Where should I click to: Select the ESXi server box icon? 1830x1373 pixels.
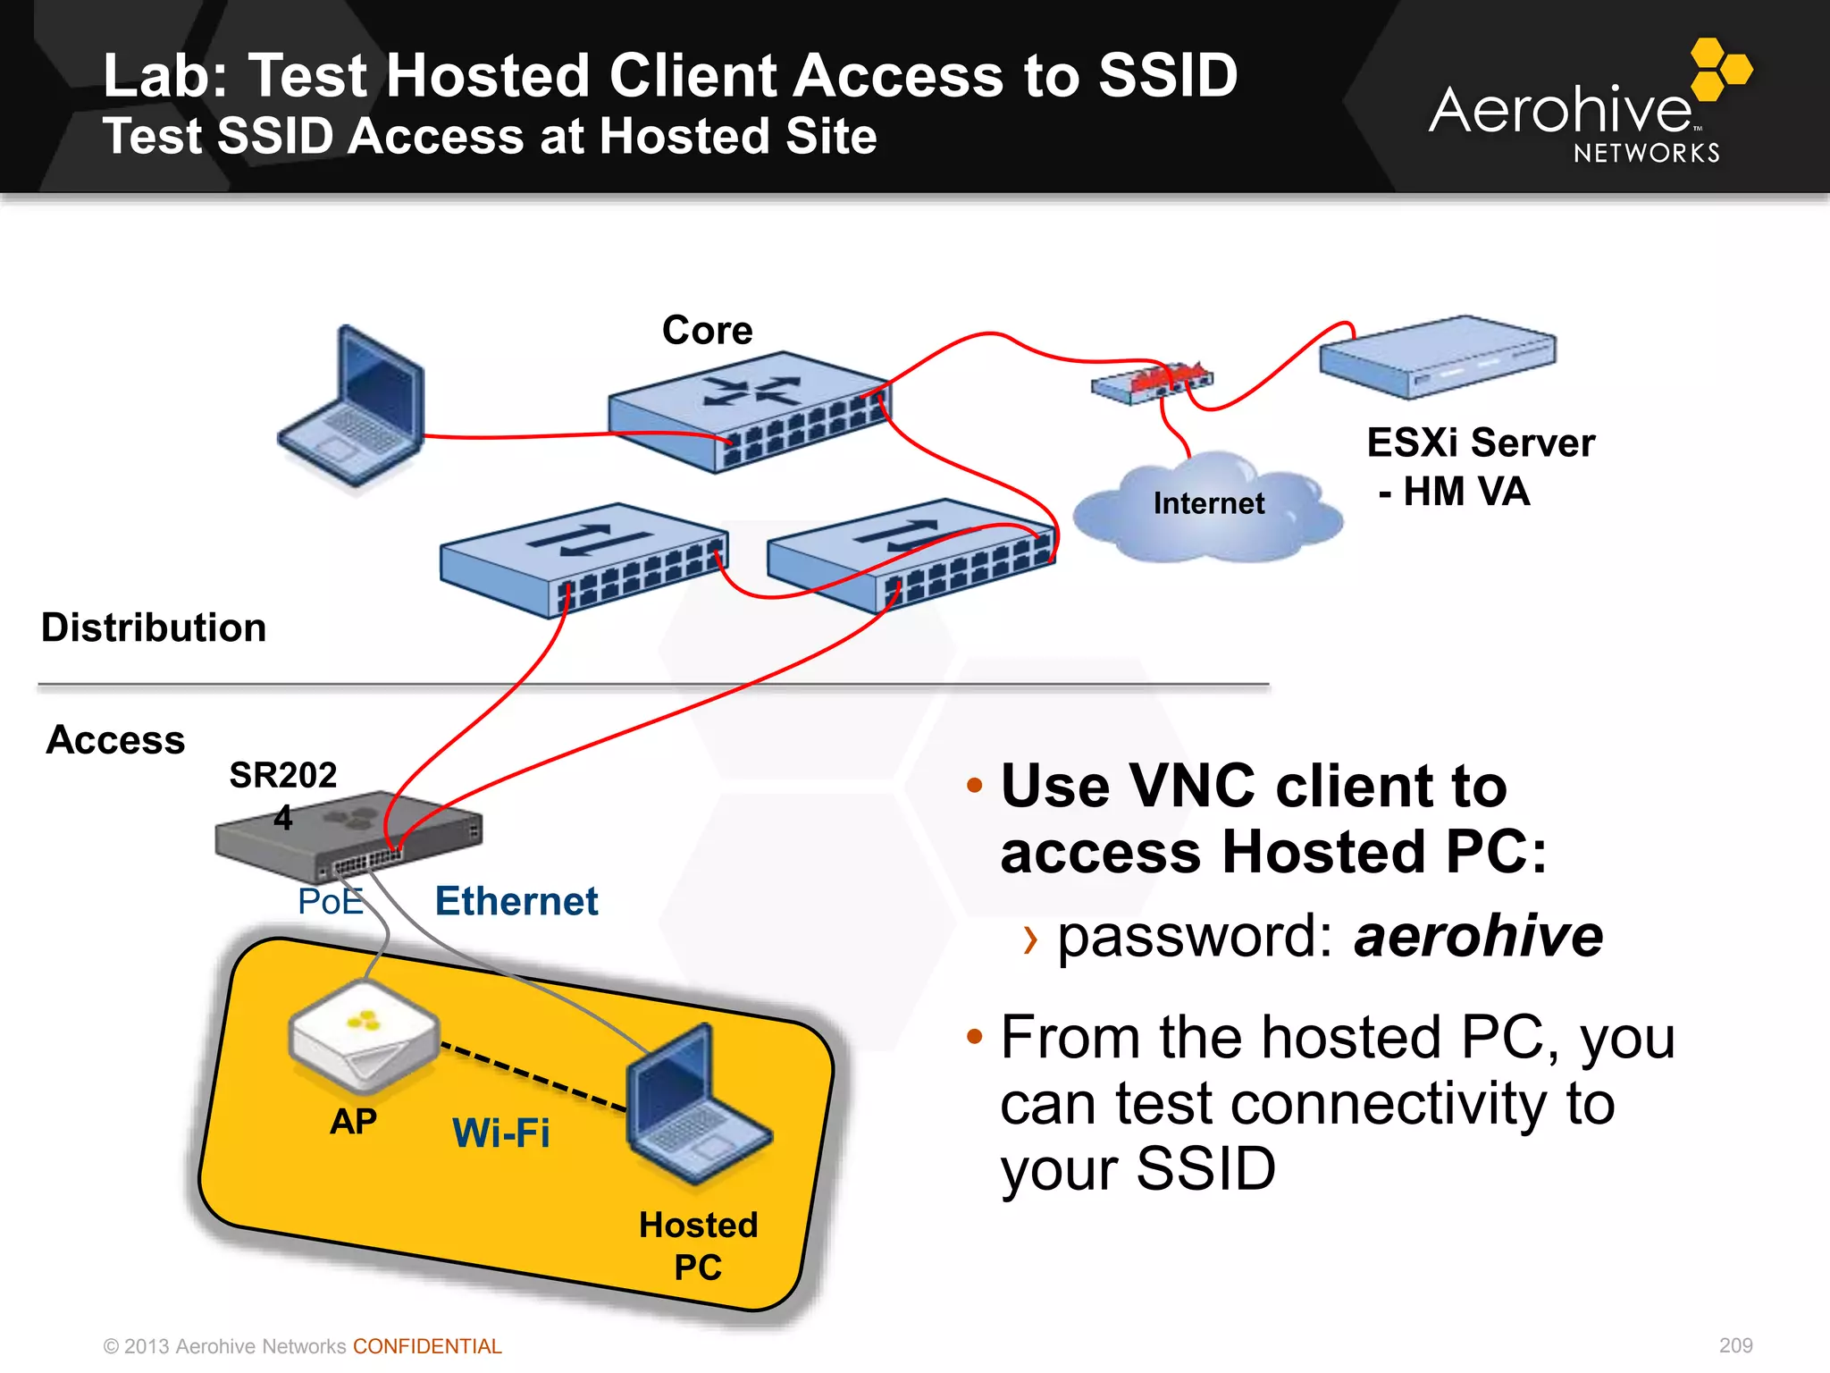(x=1437, y=357)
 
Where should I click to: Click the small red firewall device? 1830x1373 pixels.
(x=1153, y=383)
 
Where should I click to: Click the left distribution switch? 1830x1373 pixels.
(x=583, y=560)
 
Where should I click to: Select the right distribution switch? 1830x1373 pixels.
(x=911, y=555)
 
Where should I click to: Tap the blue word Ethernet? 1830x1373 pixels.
(x=516, y=901)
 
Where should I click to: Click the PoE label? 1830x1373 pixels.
(x=330, y=901)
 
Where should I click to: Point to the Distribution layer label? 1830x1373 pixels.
(x=154, y=628)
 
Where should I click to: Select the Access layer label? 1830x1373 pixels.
(x=115, y=740)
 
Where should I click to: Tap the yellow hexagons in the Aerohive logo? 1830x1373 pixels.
(x=1720, y=69)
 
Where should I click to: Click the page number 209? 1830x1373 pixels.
(x=1735, y=1345)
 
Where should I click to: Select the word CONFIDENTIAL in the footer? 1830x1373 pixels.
(x=427, y=1346)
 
